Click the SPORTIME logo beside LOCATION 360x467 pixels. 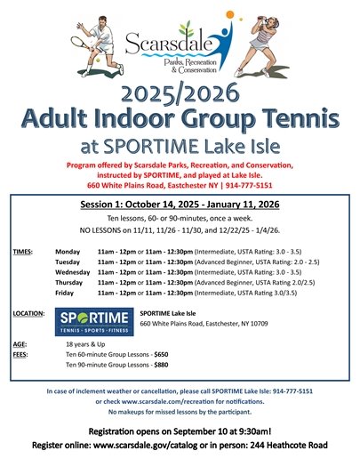coord(94,319)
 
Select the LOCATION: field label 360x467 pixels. coord(30,314)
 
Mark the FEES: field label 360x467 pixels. coord(22,354)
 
